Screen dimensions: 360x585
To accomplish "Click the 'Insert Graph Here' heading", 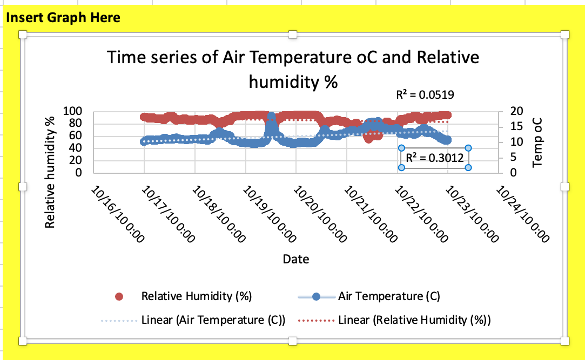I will pos(63,18).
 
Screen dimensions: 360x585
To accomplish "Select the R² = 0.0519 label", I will pos(425,95).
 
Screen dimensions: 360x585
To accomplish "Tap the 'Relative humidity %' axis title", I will pos(50,172).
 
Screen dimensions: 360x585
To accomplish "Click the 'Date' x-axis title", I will pos(296,259).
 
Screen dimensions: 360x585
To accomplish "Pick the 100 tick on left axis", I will pos(72,112).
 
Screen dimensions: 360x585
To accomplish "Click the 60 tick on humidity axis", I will pos(75,136).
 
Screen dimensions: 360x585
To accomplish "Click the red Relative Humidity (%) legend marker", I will pos(120,296).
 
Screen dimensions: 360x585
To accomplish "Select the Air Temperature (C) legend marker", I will pos(317,296).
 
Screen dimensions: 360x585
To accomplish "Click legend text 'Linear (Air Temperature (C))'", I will pos(213,320).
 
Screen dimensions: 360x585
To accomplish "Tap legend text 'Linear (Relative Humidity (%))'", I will pos(414,320).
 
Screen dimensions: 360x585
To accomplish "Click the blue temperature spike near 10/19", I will pos(271,118).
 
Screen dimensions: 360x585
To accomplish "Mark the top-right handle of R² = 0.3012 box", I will pos(468,147).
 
